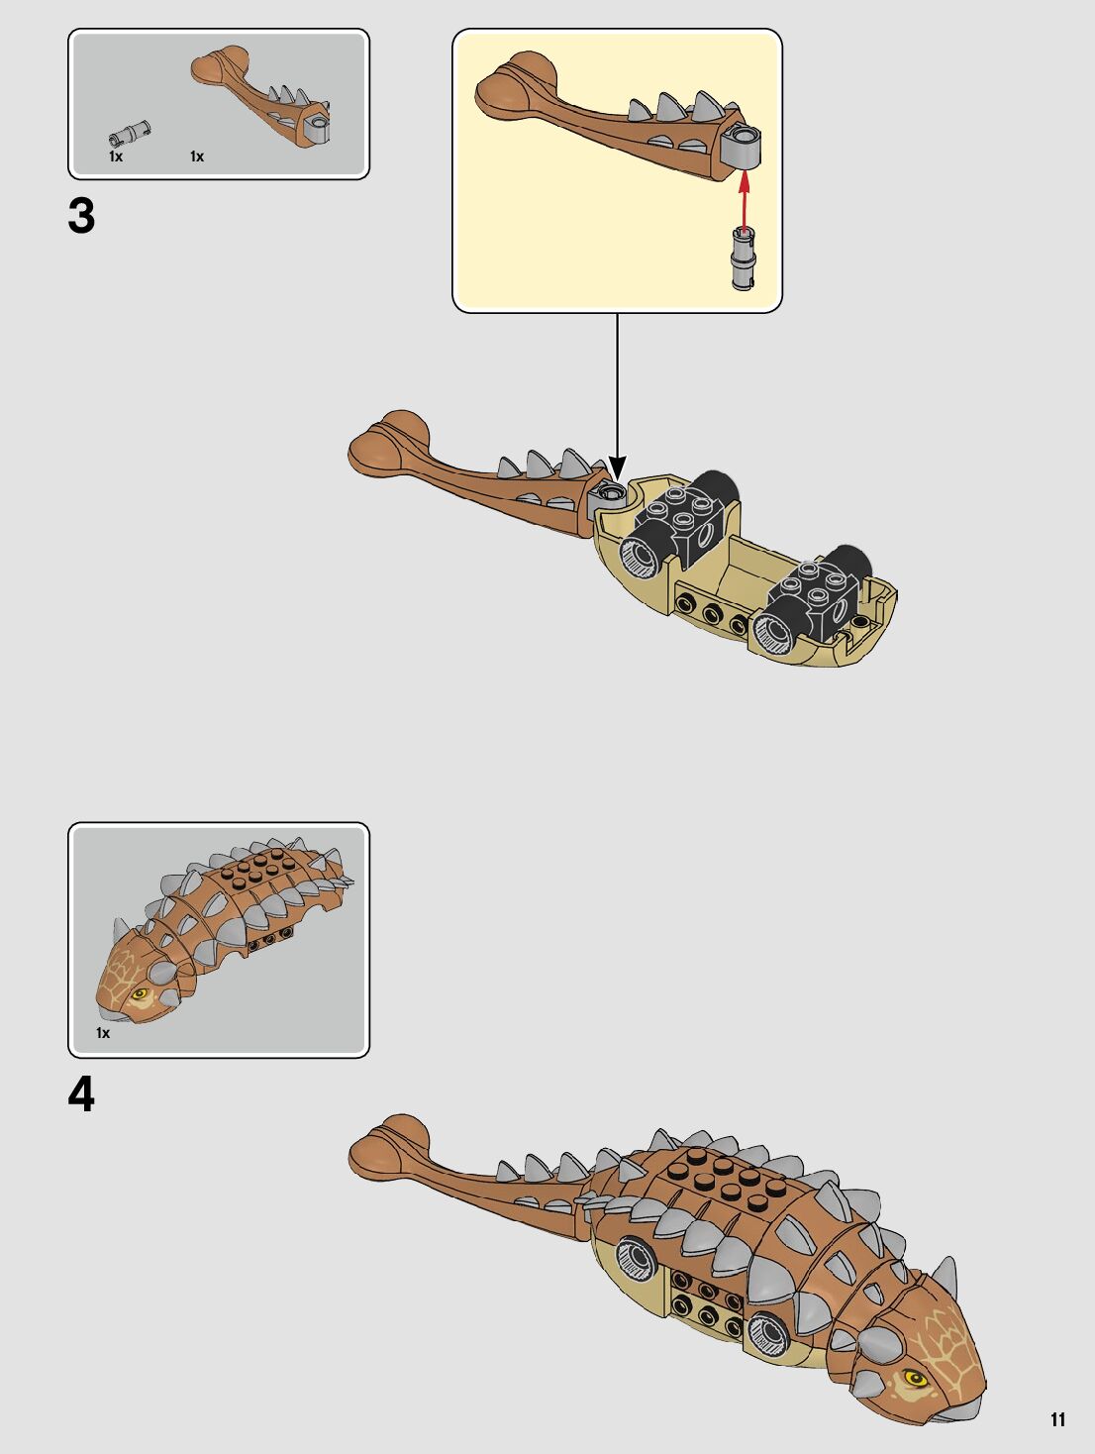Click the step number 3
pyautogui.click(x=82, y=217)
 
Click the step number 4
pyautogui.click(x=82, y=1095)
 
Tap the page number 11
pyautogui.click(x=1057, y=1419)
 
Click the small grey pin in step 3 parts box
pyautogui.click(x=129, y=132)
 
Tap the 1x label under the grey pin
pyautogui.click(x=116, y=156)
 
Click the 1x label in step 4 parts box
pyautogui.click(x=103, y=1033)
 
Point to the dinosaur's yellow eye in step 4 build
pyautogui.click(x=913, y=1378)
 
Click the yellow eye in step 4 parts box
pyautogui.click(x=139, y=992)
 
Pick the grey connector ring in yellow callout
pyautogui.click(x=742, y=146)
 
